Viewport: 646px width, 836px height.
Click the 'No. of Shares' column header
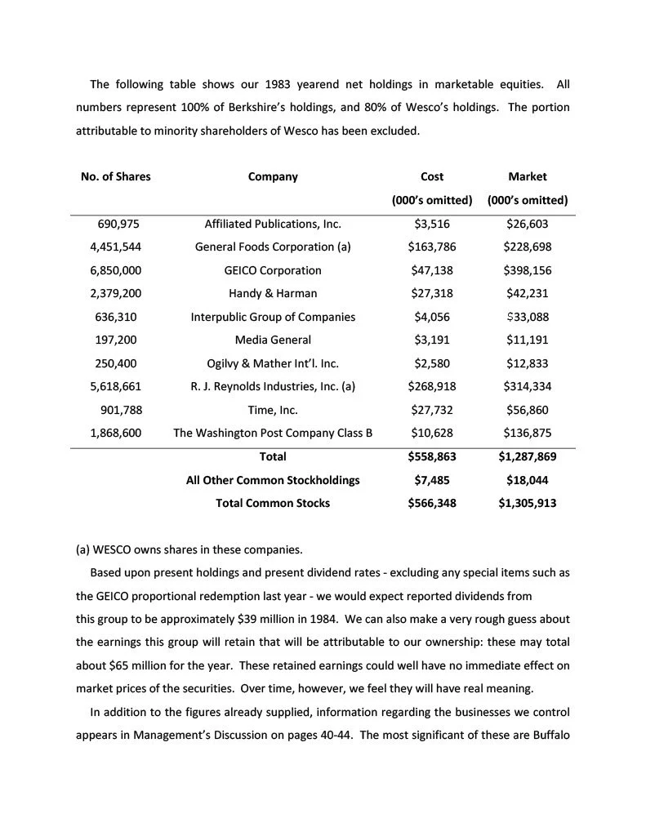click(x=115, y=176)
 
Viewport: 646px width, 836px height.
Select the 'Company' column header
click(x=273, y=176)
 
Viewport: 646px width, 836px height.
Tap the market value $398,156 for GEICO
click(x=527, y=270)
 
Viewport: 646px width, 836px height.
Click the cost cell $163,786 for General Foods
click(x=431, y=247)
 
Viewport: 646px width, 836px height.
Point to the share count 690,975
click(x=119, y=224)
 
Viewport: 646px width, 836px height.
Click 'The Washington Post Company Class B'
click(x=273, y=433)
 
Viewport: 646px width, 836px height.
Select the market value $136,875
click(x=527, y=433)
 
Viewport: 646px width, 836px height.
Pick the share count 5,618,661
click(x=116, y=386)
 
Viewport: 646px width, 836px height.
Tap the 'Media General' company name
click(x=273, y=340)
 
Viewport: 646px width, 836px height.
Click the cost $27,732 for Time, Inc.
click(x=431, y=410)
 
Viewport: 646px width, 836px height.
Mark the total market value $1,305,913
click(x=527, y=503)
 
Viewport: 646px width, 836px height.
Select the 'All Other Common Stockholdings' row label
click(x=273, y=480)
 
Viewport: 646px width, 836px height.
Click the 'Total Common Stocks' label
click(x=273, y=503)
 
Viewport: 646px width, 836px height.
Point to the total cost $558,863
click(x=431, y=456)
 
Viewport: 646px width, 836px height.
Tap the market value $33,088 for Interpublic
click(x=527, y=317)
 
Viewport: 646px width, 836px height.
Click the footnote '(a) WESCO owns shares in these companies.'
click(x=189, y=549)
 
